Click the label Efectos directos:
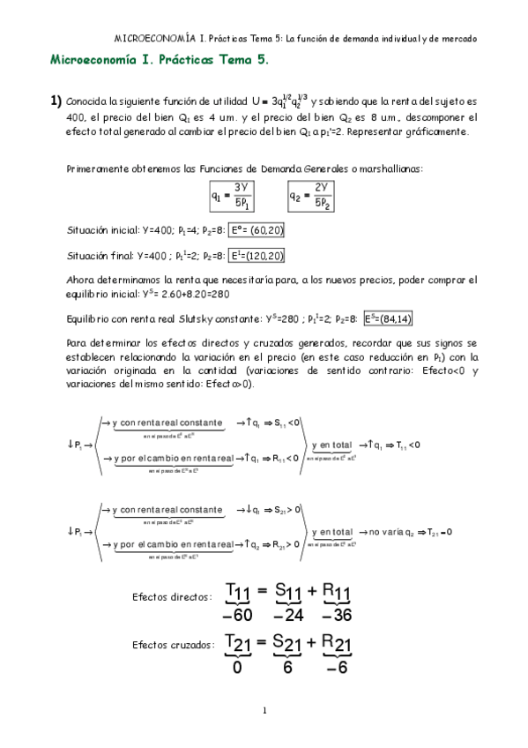click(x=172, y=597)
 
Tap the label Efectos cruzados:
click(x=172, y=647)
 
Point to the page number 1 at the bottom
click(x=264, y=711)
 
